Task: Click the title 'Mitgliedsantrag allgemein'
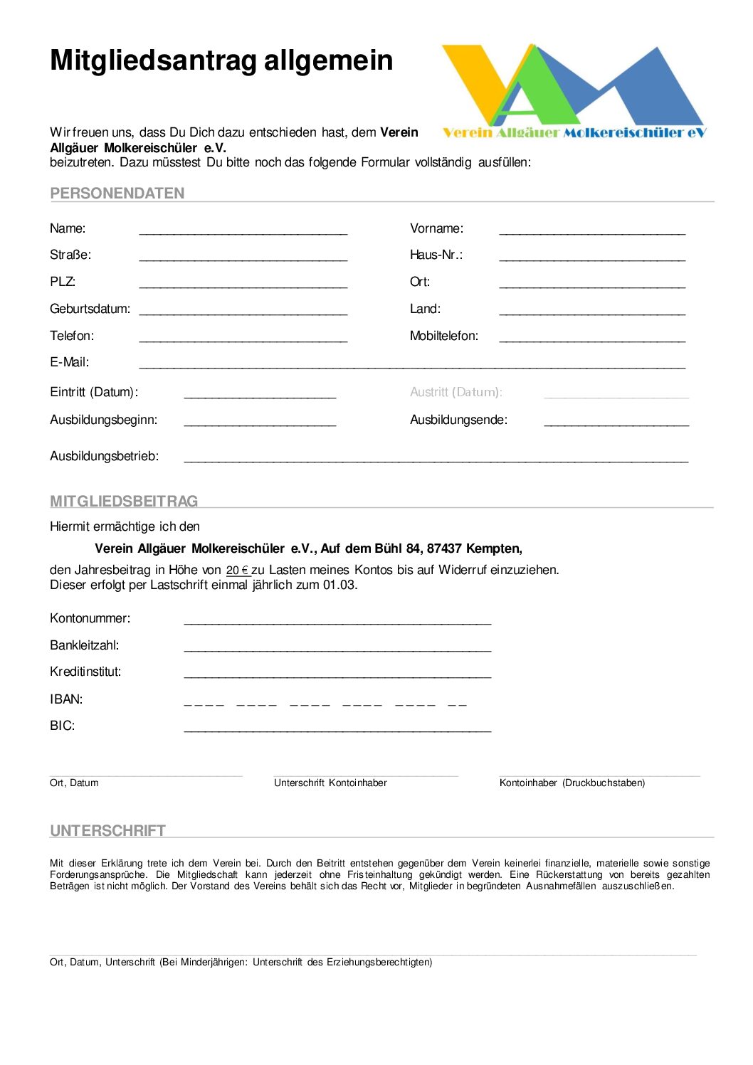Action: (x=221, y=60)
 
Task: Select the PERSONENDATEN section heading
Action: (x=117, y=194)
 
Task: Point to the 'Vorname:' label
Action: (x=436, y=228)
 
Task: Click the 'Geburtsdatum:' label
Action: (x=90, y=309)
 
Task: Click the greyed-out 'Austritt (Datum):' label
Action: (x=456, y=392)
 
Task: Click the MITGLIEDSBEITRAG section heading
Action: (x=124, y=502)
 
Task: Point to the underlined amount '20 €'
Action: (x=238, y=571)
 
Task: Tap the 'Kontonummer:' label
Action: (x=90, y=618)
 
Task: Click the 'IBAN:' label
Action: (x=66, y=699)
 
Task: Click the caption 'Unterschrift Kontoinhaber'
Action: (x=330, y=783)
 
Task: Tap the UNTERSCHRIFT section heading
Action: (x=107, y=831)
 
